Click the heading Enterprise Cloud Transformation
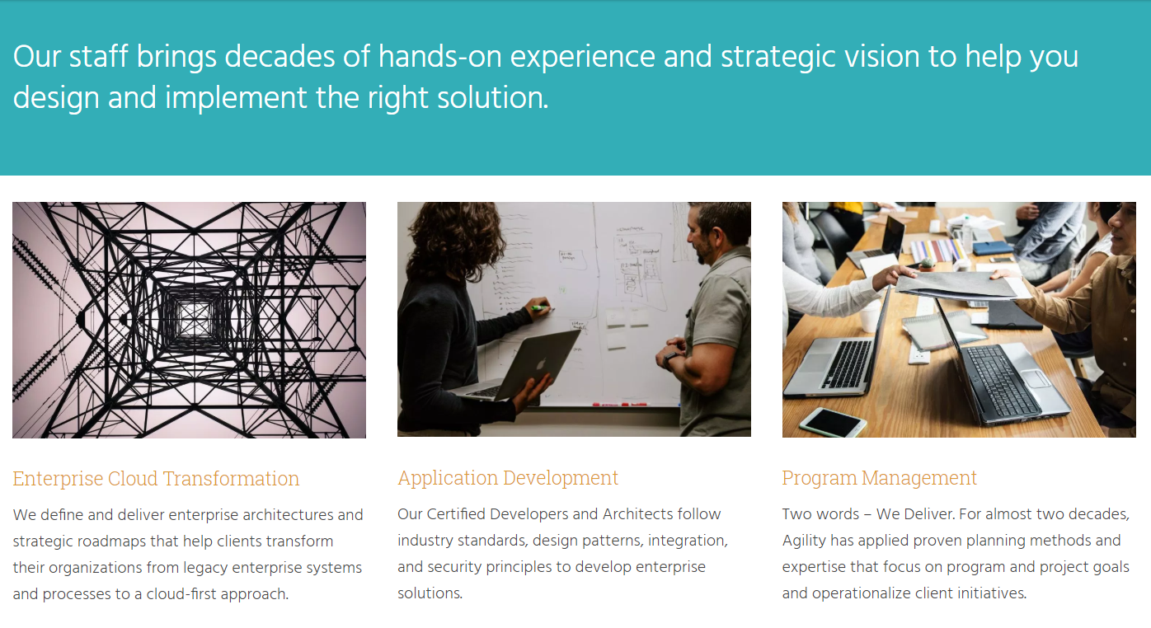156,479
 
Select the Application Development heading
508,478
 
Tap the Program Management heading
879,478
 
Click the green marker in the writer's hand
541,309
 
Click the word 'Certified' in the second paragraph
456,514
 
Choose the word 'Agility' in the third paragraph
807,541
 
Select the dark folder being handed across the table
956,284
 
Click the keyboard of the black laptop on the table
1002,379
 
